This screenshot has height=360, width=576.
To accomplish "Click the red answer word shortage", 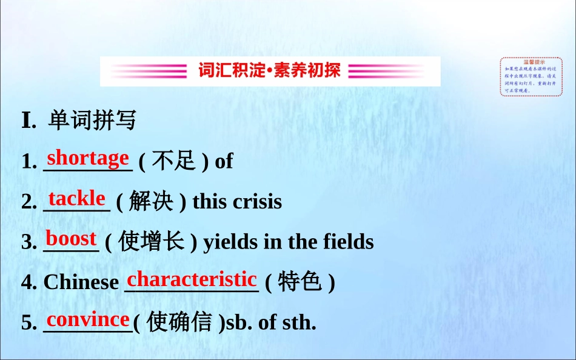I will click(88, 158).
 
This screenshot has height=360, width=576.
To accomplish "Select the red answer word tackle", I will click(77, 198).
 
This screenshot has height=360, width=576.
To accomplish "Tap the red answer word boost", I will click(71, 239).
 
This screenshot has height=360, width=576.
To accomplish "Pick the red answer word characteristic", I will click(192, 279).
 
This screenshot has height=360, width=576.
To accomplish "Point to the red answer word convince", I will click(88, 319).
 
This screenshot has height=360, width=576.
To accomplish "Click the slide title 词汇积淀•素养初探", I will click(270, 71).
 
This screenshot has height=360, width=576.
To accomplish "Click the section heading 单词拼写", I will click(92, 120).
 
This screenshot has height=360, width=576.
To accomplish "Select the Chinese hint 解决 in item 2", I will click(151, 201).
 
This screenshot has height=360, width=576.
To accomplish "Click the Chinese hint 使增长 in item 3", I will click(151, 242).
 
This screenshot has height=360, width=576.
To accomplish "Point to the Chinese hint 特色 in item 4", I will click(300, 282).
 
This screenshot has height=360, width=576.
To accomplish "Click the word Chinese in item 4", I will click(81, 282).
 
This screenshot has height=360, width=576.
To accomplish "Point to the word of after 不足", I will click(224, 161).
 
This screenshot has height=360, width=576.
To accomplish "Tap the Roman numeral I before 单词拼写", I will click(27, 120).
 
